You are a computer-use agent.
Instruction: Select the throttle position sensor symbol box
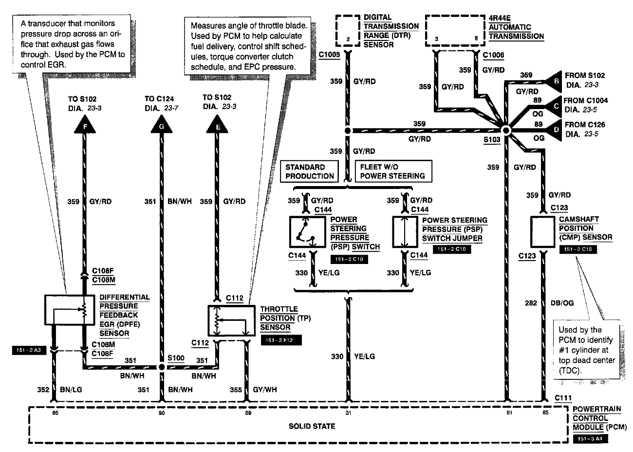tap(231, 321)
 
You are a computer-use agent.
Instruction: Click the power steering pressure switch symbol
tap(307, 232)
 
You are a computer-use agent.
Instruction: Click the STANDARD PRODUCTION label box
tap(310, 171)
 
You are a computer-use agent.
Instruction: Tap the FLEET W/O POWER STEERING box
tap(393, 171)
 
